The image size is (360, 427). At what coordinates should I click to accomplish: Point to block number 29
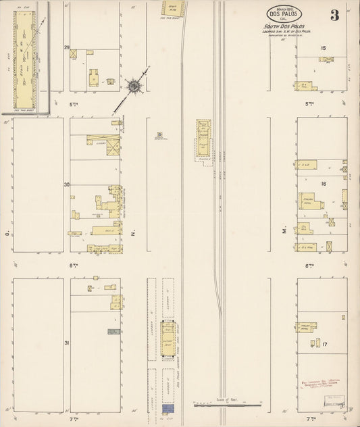pyautogui.click(x=67, y=48)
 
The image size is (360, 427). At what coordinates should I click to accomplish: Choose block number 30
pyautogui.click(x=67, y=184)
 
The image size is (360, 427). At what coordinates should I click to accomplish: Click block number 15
pyautogui.click(x=324, y=47)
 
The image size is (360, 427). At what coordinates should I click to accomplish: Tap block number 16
pyautogui.click(x=324, y=183)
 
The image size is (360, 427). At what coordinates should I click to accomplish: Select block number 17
pyautogui.click(x=324, y=345)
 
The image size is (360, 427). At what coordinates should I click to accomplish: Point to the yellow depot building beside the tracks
pyautogui.click(x=203, y=139)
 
